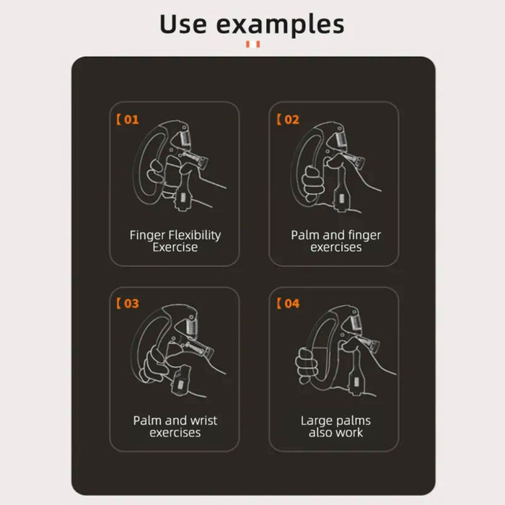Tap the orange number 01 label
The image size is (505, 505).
click(128, 120)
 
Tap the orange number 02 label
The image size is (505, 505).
click(288, 120)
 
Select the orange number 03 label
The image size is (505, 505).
click(128, 304)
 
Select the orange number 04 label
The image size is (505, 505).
click(288, 304)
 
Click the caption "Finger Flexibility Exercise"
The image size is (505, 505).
click(175, 241)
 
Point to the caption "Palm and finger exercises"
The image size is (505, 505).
click(335, 241)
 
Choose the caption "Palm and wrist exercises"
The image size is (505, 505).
click(175, 426)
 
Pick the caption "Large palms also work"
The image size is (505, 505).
click(335, 426)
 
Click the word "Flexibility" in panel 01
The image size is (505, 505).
click(194, 235)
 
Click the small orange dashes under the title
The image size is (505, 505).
click(252, 45)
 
